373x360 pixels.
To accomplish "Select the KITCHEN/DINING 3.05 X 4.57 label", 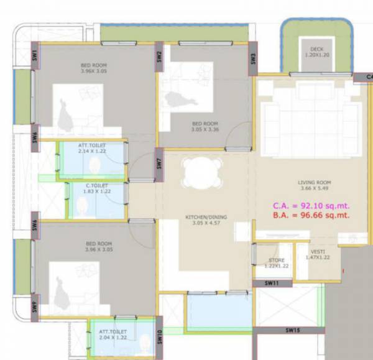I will click(206, 220).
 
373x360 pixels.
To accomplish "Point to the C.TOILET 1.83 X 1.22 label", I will click(97, 189).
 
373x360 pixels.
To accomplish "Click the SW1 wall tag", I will click(35, 54).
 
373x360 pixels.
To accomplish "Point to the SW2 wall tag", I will click(160, 55).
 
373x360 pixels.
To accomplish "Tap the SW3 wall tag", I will click(254, 59).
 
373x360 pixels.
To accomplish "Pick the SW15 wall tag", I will click(293, 330).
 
